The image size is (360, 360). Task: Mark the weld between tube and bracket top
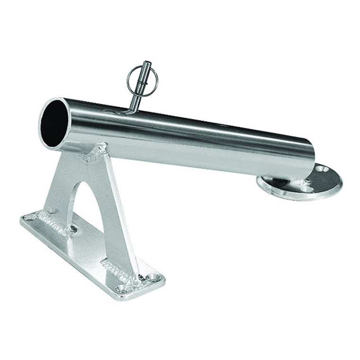coord(95,154)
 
